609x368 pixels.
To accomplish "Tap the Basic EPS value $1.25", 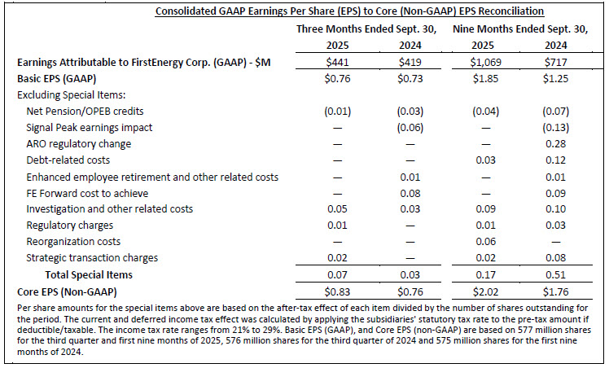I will tap(554, 80).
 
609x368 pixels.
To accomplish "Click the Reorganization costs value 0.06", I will tap(482, 241).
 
